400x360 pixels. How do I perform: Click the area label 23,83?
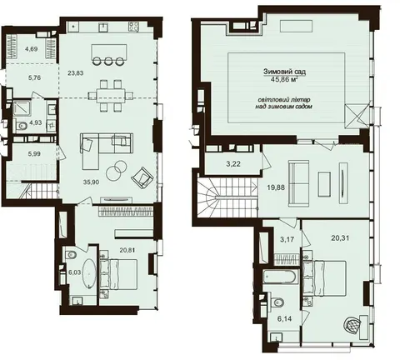(x=76, y=73)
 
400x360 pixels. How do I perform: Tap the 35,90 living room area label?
(x=92, y=182)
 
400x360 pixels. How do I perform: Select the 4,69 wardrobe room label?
(x=31, y=49)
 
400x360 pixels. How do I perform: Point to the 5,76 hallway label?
(x=34, y=78)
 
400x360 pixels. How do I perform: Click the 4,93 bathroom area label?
(x=36, y=122)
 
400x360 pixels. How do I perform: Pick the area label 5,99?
(x=34, y=153)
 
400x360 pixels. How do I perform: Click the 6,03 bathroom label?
(x=74, y=272)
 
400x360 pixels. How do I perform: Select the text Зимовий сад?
(x=285, y=72)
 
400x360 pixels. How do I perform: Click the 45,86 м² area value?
(x=285, y=80)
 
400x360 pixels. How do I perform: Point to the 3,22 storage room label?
(x=233, y=164)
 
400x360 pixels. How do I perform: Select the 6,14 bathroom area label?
(x=285, y=319)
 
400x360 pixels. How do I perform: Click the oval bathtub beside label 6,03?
(x=89, y=274)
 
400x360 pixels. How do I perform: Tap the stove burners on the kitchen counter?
(x=133, y=27)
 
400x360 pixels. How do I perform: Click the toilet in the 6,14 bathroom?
(x=278, y=302)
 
